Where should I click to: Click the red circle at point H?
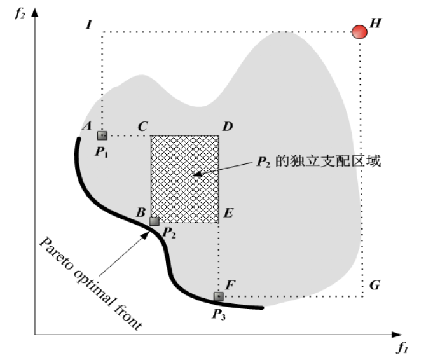359,32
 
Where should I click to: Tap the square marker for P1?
102,135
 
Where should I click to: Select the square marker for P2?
155,221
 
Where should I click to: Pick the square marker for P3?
219,296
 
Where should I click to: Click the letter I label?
89,25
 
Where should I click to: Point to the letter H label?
376,24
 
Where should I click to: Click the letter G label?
374,286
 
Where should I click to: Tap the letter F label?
230,285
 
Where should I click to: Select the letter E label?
228,212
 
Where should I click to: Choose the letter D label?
228,127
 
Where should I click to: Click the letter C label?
143,127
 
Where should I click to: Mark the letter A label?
87,126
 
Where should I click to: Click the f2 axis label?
20,13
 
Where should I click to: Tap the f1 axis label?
403,347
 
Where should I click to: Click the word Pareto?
57,254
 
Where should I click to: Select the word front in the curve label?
128,314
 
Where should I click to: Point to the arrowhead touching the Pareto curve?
145,236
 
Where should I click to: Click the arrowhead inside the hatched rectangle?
197,174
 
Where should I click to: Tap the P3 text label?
219,315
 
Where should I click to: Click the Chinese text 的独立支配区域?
328,161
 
